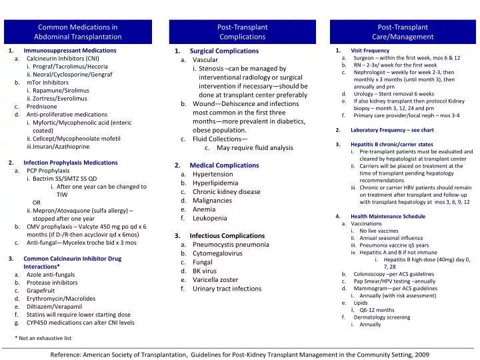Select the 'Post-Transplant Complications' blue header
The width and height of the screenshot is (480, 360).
pos(242,32)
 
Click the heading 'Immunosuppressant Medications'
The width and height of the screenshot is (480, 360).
pos(69,51)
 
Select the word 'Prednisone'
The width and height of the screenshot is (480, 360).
pos(41,106)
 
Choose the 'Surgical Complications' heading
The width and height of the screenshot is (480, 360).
pos(224,51)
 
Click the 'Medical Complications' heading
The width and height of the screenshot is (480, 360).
pos(224,165)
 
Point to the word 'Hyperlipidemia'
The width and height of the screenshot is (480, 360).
pos(216,183)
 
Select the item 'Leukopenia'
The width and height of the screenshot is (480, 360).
pos(210,218)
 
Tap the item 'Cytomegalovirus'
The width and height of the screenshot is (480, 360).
pos(218,254)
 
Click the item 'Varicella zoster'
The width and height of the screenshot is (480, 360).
pos(216,280)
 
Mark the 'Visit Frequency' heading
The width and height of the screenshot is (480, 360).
pos(370,51)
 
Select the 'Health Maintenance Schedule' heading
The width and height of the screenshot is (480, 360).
pos(387,217)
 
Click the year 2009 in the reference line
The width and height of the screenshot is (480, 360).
pos(422,356)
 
